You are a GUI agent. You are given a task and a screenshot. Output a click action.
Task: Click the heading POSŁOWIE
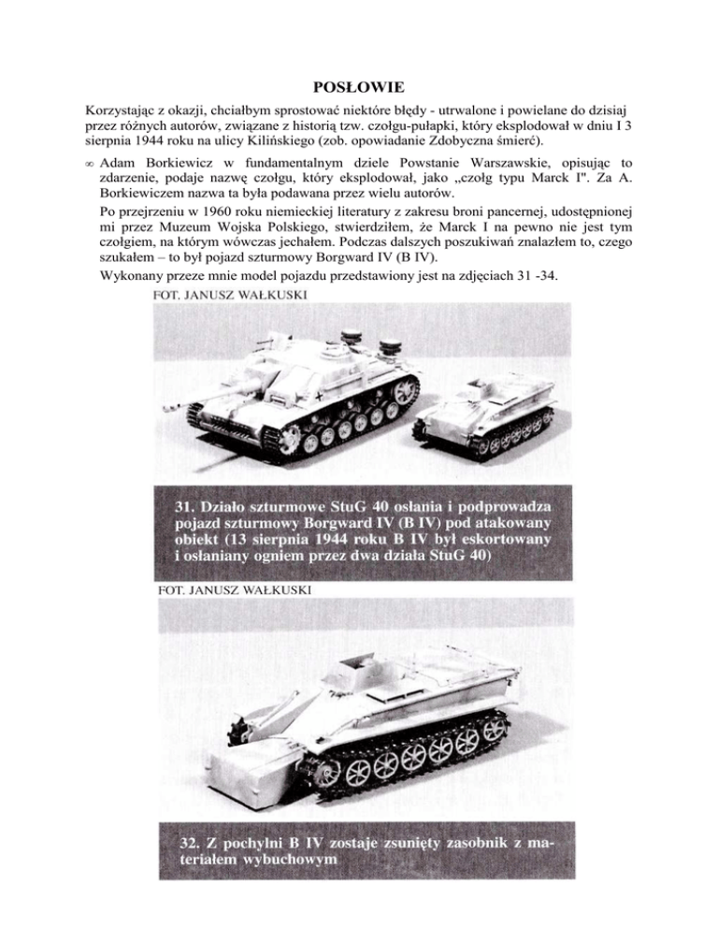tap(358, 89)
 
